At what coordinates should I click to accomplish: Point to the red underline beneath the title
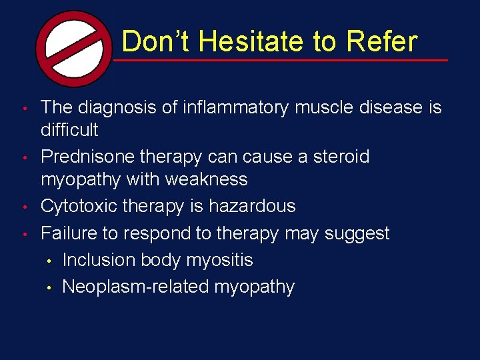280,60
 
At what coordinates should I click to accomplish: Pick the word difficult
69,129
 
